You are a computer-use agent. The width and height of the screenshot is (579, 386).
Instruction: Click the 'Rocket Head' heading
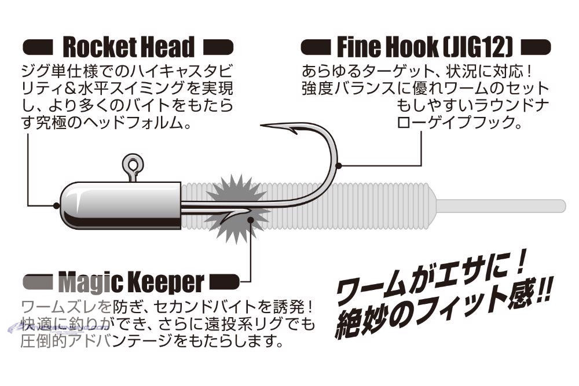129,47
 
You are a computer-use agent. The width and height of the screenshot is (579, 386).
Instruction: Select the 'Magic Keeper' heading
131,282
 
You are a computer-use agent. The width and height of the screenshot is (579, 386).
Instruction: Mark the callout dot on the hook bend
339,166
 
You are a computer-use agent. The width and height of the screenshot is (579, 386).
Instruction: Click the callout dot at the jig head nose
56,205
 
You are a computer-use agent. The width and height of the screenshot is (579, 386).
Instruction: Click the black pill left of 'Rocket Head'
38,47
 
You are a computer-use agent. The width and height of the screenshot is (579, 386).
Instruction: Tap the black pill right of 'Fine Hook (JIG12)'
536,47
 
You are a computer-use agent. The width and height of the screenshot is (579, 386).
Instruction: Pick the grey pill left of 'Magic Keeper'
38,282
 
